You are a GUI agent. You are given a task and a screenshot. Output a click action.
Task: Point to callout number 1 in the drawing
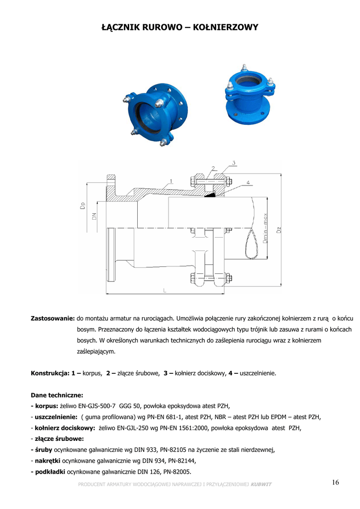171,181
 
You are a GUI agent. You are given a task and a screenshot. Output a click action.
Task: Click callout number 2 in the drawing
213,168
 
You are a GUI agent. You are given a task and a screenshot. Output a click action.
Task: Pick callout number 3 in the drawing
234,163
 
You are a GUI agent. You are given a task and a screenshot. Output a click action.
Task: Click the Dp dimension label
83,206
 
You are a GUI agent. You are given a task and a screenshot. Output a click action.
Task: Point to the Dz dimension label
279,230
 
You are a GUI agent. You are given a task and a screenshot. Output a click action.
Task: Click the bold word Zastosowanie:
53,318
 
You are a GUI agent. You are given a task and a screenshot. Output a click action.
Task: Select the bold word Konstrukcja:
49,372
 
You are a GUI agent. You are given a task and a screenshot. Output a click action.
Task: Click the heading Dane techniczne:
57,395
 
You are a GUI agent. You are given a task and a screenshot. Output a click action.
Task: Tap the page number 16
335,482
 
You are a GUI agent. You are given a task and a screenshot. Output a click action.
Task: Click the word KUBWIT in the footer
261,485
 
